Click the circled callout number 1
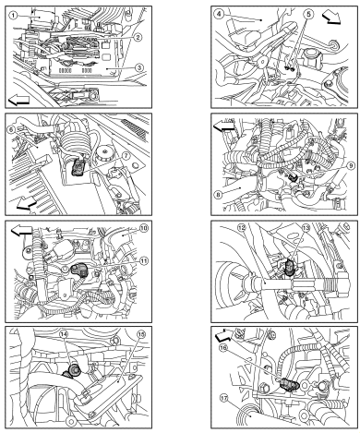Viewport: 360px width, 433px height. tap(13, 15)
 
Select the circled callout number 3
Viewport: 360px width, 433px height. tap(139, 67)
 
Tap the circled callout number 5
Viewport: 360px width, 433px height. tap(309, 14)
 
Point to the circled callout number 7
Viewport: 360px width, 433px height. tap(126, 156)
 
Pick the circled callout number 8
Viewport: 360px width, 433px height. tap(218, 195)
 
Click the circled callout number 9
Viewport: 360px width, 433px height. tap(351, 165)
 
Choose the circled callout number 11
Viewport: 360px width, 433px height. tap(143, 261)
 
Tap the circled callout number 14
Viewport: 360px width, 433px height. tap(64, 334)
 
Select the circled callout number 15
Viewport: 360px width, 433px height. tap(141, 334)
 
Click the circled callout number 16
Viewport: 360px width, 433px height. tap(223, 347)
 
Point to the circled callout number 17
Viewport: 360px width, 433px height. tap(224, 398)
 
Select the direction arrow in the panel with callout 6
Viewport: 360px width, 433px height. tap(27, 204)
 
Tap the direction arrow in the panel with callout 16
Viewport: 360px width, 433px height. tap(223, 335)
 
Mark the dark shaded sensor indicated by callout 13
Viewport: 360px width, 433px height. tap(289, 267)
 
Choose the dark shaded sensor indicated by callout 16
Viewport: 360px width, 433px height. tap(289, 384)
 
